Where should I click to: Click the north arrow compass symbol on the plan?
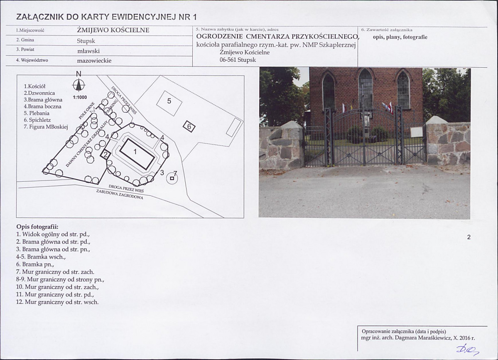pos(79,85)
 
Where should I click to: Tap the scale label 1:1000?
pos(80,98)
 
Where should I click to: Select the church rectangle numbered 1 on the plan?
pos(137,154)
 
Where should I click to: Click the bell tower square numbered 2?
pos(105,155)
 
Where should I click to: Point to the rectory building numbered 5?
pos(169,103)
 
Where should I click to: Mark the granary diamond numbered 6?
pos(189,127)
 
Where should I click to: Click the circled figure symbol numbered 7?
pos(172,178)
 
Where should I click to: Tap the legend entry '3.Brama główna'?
pos(43,100)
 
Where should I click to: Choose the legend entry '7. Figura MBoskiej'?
pos(46,127)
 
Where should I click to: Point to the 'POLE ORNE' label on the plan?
pos(87,111)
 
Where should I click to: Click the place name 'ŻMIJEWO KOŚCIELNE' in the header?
pos(113,30)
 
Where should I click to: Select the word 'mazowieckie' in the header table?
pos(94,61)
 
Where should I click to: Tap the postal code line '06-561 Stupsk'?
pos(238,60)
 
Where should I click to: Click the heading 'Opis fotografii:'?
pos(37,227)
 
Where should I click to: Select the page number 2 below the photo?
pos(469,237)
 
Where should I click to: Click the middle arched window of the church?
pos(365,89)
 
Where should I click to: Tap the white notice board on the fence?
pos(416,132)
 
